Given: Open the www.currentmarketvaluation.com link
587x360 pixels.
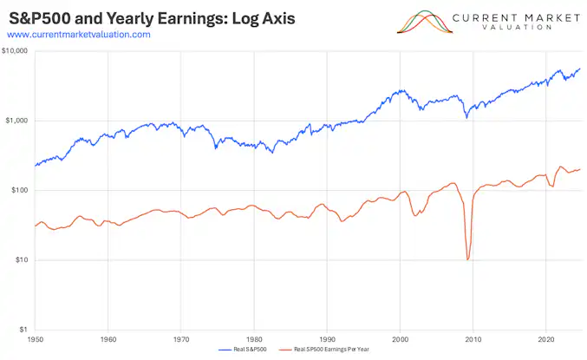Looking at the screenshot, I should click(x=78, y=34).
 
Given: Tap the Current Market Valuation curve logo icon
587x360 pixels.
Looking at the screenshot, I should click(x=425, y=22).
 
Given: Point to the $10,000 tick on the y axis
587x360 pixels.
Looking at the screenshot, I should click(x=15, y=51).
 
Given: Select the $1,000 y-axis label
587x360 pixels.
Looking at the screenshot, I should click(x=16, y=121).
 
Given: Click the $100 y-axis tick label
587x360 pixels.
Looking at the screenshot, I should click(x=18, y=190).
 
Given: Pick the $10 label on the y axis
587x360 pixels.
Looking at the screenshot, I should click(x=20, y=260).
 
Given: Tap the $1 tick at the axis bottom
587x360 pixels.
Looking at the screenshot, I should click(x=22, y=330).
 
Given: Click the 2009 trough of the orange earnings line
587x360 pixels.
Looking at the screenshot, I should click(x=468, y=259).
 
